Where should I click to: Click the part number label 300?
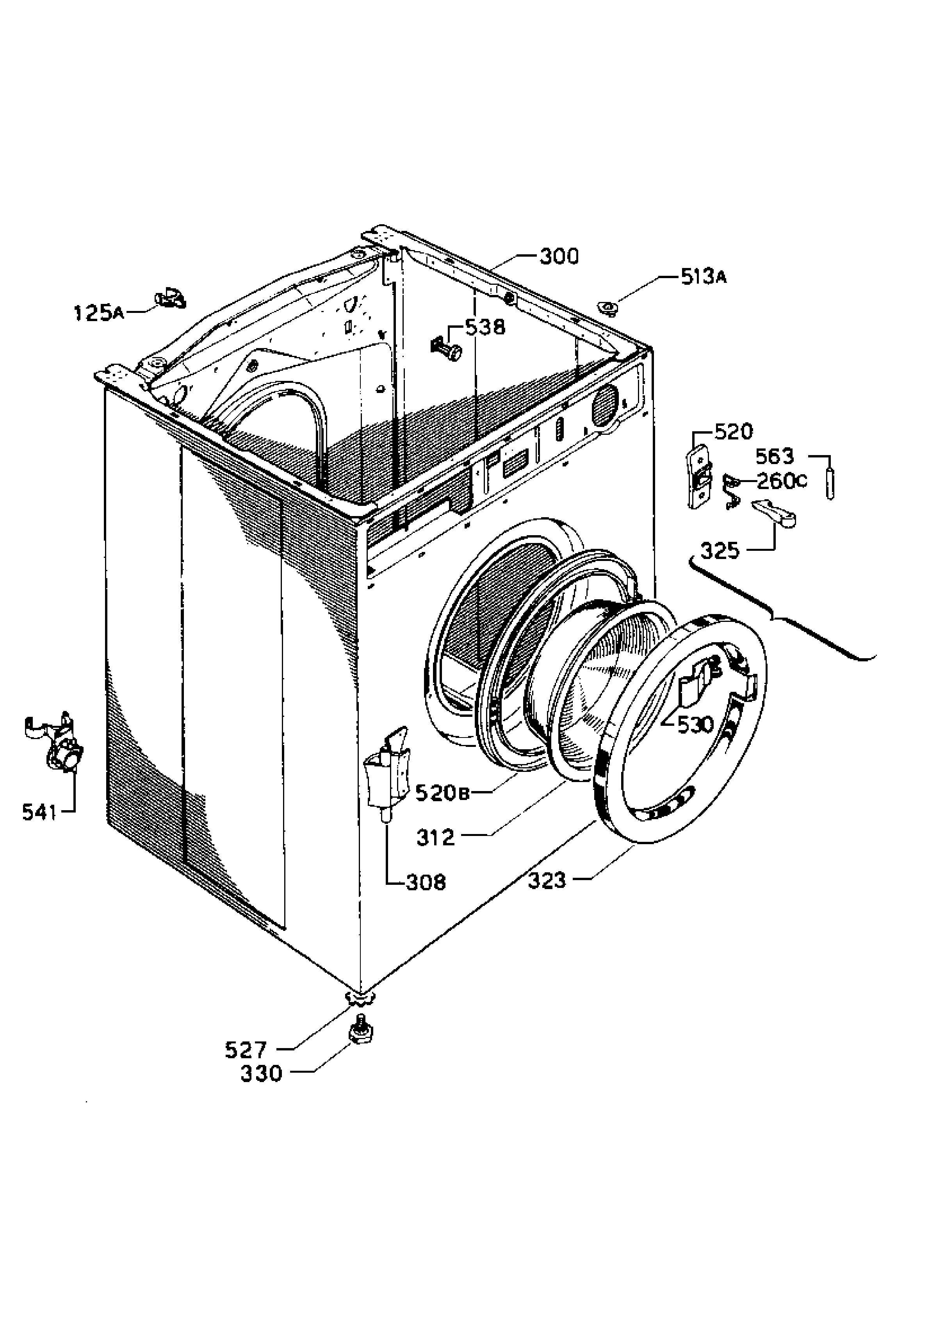coord(559,256)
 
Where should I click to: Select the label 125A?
coord(99,313)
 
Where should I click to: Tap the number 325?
coord(720,551)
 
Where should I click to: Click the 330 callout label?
coord(262,1074)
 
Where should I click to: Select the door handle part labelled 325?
coord(774,513)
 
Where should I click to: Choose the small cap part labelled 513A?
coord(607,307)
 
